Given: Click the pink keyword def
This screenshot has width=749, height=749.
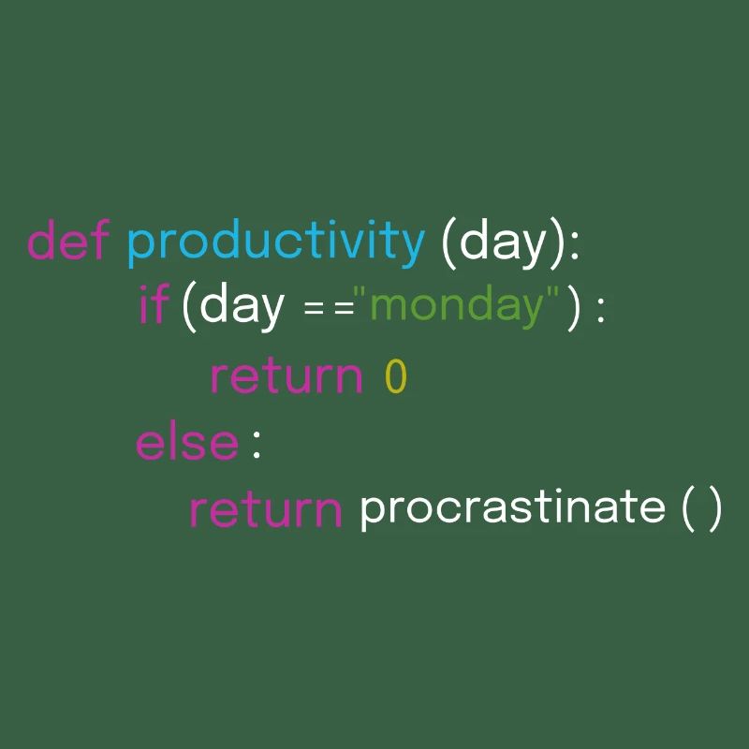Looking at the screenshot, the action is tap(68, 240).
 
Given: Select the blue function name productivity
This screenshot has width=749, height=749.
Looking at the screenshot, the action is tap(275, 242).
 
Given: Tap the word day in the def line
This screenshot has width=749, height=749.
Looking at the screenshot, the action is tap(502, 243).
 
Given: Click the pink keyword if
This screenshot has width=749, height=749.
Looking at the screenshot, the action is tap(154, 302).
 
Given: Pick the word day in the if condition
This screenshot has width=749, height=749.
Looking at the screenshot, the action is tap(242, 308).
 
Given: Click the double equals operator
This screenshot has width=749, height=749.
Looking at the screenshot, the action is tap(330, 309).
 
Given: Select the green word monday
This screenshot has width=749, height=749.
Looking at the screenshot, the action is tap(457, 308).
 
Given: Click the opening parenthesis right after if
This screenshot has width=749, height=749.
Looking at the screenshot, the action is tap(189, 307).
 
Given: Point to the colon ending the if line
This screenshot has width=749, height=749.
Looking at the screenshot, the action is tap(601, 310).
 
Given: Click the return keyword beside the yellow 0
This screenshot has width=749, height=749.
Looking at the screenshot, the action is tap(286, 376).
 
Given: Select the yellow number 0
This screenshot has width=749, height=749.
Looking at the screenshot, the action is tap(395, 375).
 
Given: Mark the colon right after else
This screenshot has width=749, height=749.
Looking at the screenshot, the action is tap(257, 446).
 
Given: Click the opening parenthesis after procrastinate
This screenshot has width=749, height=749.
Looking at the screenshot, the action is tap(688, 509).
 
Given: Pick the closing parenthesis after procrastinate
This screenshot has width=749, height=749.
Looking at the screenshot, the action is tap(714, 509).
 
